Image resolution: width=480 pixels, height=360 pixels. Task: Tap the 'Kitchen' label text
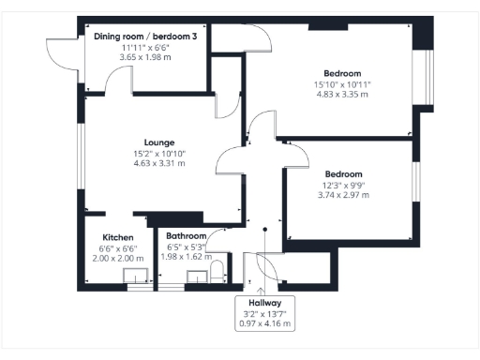(118, 238)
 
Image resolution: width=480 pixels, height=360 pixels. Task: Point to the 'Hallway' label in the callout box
(265, 304)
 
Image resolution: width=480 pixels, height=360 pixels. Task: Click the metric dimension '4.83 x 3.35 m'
(342, 94)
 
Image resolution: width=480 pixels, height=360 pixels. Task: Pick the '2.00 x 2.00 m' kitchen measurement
(118, 259)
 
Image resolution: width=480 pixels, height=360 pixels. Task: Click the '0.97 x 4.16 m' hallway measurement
(265, 324)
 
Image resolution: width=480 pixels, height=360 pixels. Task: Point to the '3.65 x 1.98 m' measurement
(142, 56)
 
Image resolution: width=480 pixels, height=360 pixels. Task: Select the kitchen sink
(137, 277)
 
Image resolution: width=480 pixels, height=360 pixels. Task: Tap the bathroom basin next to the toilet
(198, 277)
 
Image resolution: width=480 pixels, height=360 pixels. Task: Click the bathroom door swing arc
(217, 239)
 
